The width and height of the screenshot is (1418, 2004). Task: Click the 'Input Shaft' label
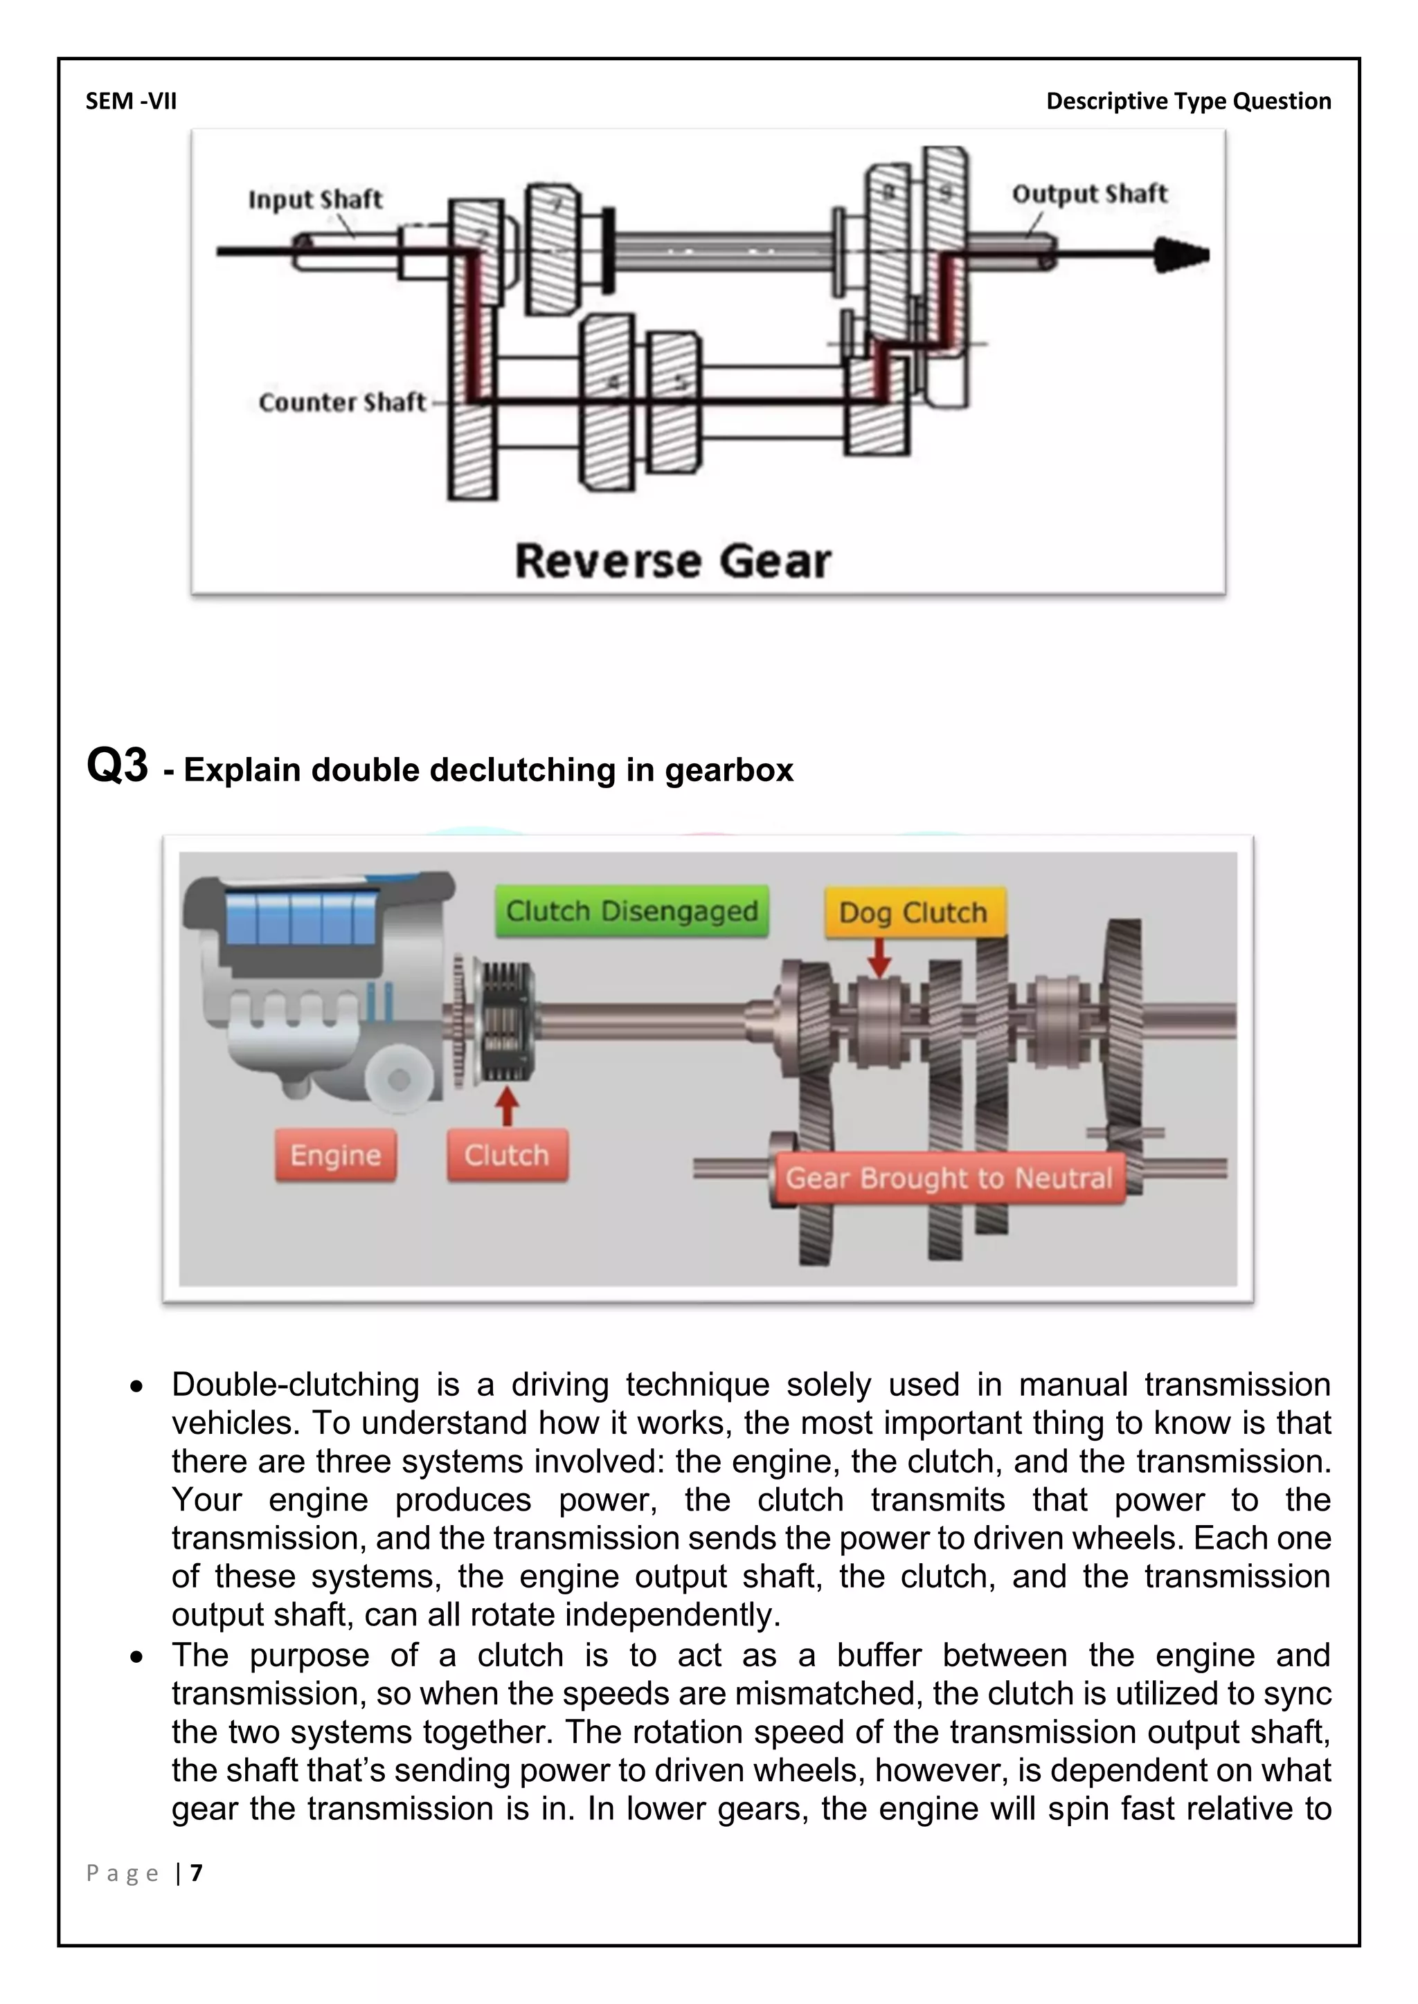click(315, 199)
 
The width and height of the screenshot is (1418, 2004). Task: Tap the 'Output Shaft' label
click(1089, 194)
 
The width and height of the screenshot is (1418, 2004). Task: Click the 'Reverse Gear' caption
click(672, 561)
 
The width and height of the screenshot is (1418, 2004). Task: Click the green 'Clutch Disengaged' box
click(632, 911)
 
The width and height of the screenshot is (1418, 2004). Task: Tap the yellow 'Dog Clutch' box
click(913, 913)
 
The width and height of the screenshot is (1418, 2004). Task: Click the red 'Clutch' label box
click(506, 1156)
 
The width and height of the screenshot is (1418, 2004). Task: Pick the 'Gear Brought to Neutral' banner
click(949, 1178)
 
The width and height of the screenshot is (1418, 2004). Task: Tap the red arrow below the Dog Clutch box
click(880, 958)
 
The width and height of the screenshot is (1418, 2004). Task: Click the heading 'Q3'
click(117, 766)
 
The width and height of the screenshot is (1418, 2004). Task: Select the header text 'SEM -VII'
click(131, 101)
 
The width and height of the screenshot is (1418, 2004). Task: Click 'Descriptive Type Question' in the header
click(1188, 101)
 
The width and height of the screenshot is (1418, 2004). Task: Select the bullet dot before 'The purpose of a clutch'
click(136, 1657)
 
